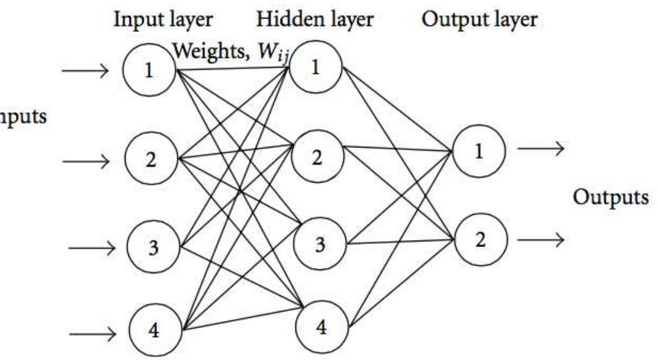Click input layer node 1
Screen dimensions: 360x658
click(x=149, y=71)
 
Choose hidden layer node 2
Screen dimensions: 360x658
click(x=317, y=157)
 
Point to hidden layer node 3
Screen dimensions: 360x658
click(x=319, y=243)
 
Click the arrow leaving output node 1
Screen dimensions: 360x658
click(x=540, y=149)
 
